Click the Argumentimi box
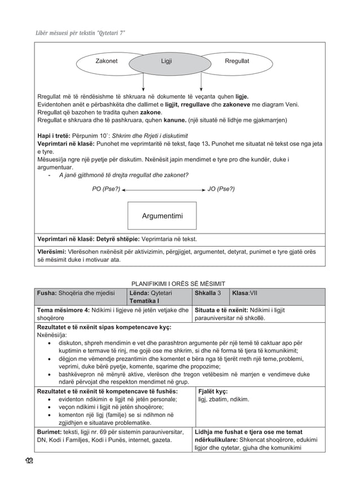coord(162,216)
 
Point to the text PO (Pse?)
coord(106,189)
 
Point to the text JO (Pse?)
coord(222,189)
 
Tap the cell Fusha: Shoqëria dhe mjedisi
coord(75,293)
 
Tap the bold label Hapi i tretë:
coord(56,135)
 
